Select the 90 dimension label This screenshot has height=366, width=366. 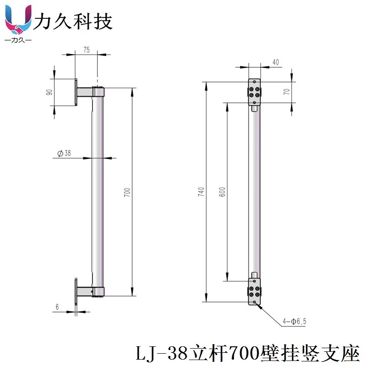tap(49, 92)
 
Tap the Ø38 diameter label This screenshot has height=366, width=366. tap(65, 154)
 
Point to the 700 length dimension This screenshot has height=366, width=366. tap(128, 192)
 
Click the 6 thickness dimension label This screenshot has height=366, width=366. tap(57, 307)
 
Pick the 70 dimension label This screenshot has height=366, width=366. tap(286, 92)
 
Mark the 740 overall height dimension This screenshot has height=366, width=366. tap(200, 192)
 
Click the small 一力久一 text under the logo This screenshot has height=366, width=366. tap(17, 41)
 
